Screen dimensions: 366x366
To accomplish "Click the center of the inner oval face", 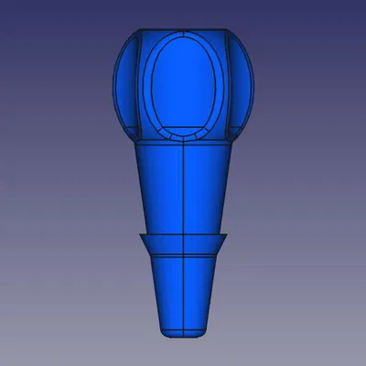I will tap(183, 85).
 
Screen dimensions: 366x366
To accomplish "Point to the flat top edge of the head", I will tap(183, 30).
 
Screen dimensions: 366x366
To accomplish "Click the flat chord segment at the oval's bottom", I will tap(183, 133).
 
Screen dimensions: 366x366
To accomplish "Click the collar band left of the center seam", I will tap(163, 244).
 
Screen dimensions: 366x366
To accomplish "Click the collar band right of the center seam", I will tap(203, 244).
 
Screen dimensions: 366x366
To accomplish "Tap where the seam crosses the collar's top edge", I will tap(183, 235).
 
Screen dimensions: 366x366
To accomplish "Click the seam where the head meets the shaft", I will tap(183, 145).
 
